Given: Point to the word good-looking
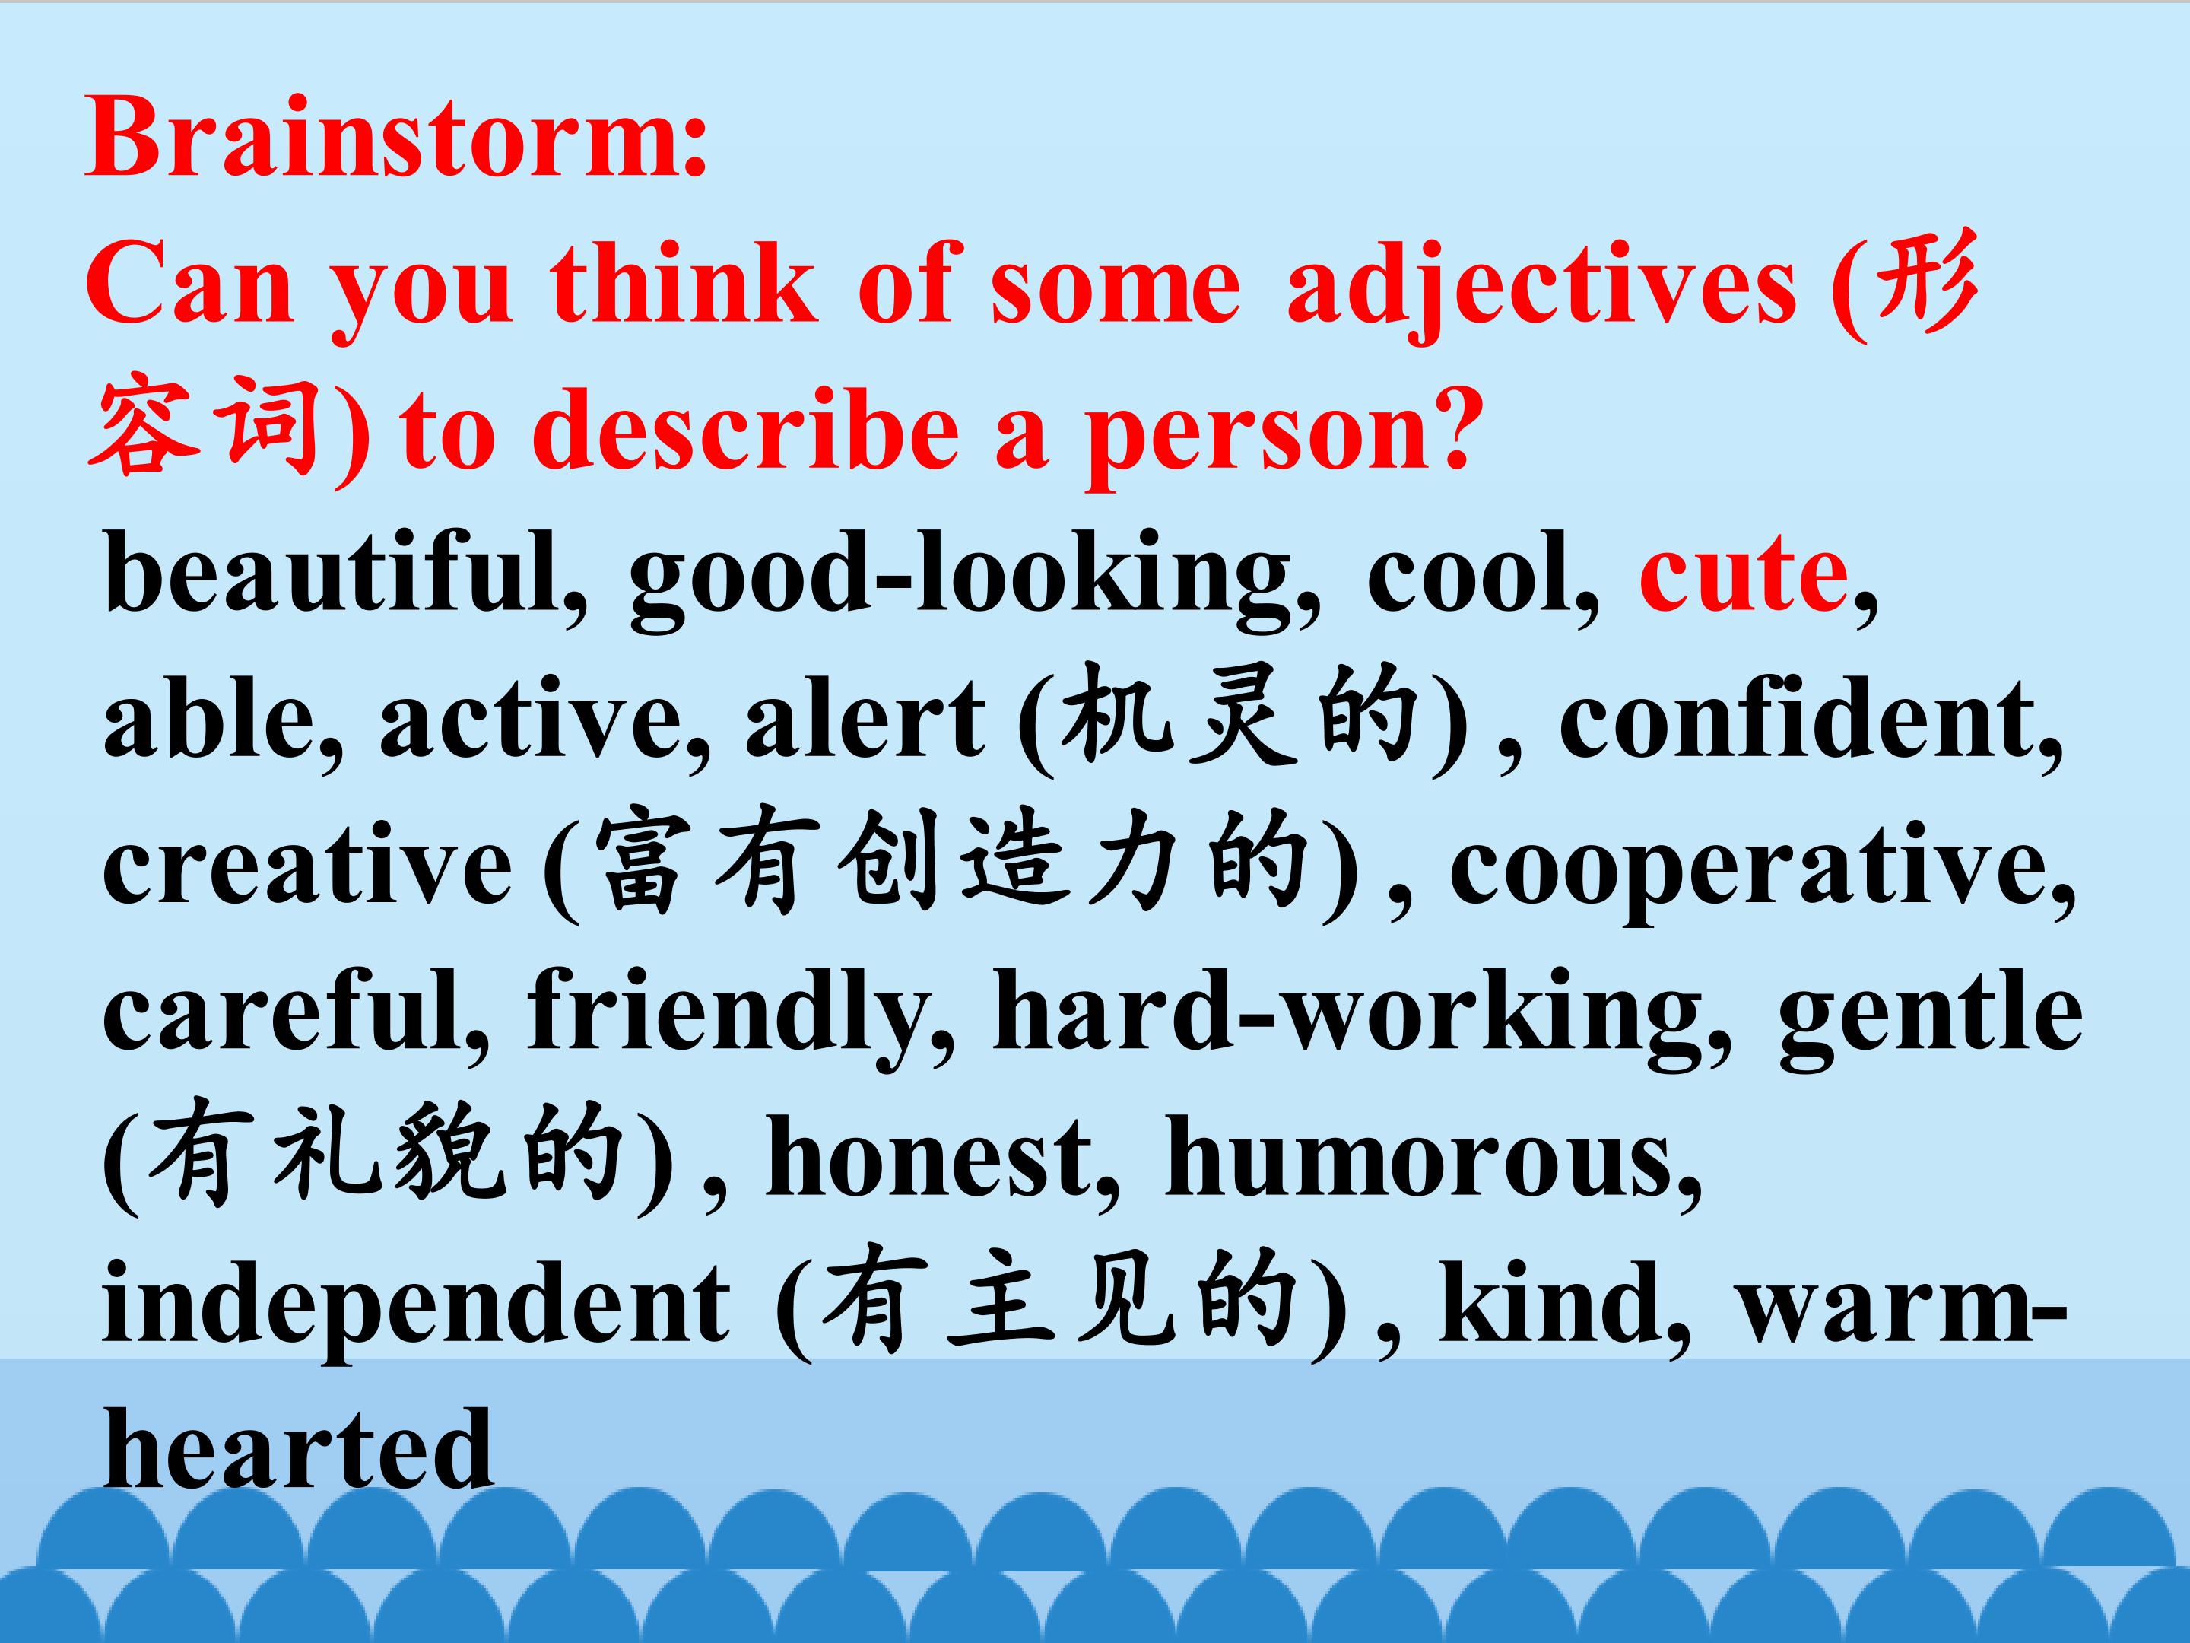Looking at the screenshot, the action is [x=960, y=580].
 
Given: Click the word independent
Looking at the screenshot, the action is [x=416, y=1308].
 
